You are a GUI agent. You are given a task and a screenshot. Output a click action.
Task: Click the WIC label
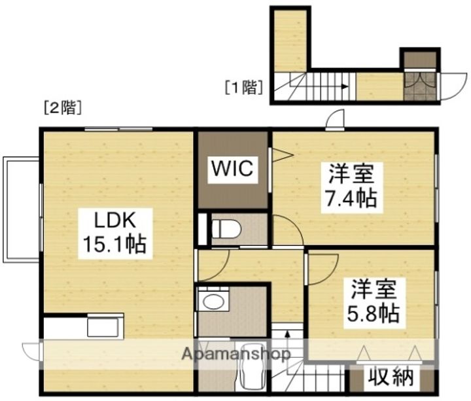point(231,169)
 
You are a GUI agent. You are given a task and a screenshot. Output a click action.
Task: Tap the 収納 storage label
point(390,377)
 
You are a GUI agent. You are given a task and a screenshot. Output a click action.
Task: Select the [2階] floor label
point(61,109)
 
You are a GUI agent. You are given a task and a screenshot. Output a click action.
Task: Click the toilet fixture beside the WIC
point(226,230)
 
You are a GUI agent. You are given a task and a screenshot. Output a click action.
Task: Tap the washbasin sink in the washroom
point(212,302)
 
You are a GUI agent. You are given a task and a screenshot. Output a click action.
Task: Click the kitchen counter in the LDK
point(82,326)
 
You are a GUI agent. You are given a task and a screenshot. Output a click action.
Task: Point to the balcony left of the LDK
point(21,209)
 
